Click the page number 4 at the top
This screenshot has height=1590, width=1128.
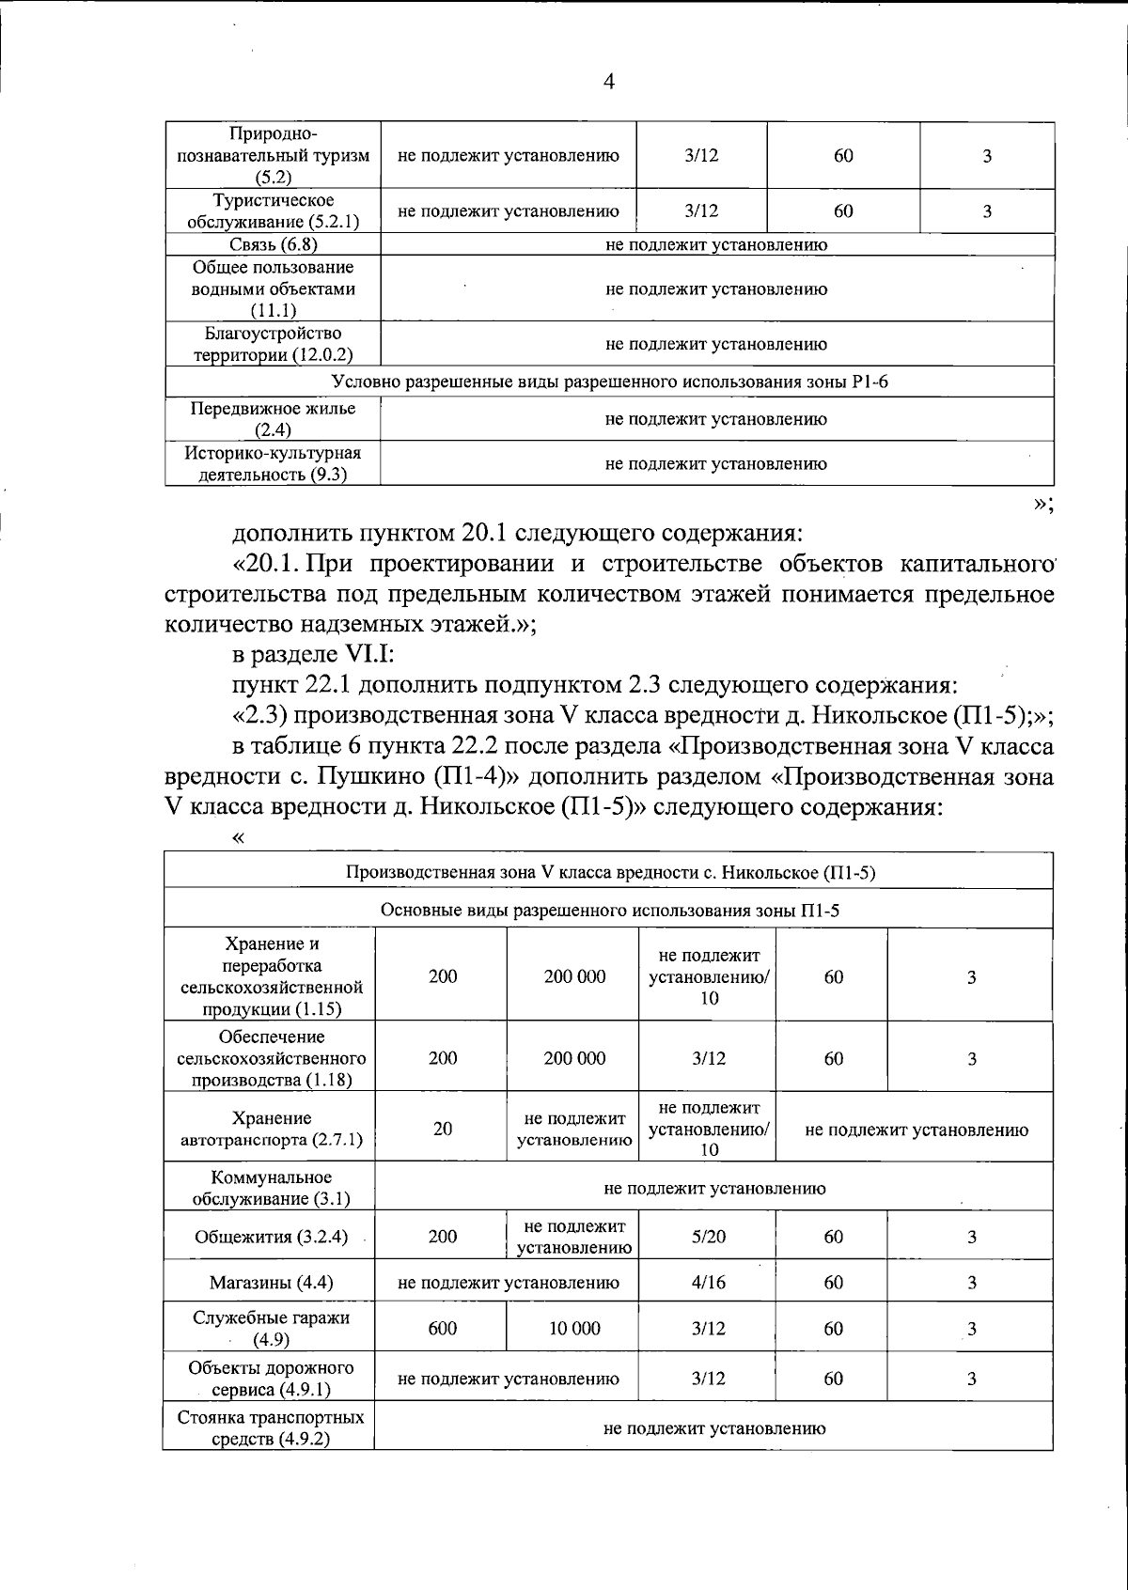tap(608, 83)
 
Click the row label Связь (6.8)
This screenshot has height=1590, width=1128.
tap(273, 245)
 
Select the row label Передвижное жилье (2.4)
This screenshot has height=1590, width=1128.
tap(273, 419)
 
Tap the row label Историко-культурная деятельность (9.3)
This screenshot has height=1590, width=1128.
tap(273, 464)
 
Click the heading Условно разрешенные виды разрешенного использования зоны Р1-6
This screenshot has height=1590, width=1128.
tap(610, 382)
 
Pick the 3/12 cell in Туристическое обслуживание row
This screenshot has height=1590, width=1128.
tap(702, 211)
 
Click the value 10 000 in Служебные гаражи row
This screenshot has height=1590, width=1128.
tap(573, 1328)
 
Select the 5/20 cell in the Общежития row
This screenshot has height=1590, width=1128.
tap(708, 1237)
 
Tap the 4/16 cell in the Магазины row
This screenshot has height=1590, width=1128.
tap(708, 1283)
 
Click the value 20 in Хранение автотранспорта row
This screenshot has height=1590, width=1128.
tap(443, 1129)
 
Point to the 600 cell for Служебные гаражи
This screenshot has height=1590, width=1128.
tap(443, 1328)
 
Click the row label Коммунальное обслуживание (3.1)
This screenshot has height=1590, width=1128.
tap(271, 1188)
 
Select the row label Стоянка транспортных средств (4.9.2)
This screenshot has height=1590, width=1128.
tap(271, 1428)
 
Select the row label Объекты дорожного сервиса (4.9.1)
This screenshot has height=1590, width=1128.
tap(271, 1379)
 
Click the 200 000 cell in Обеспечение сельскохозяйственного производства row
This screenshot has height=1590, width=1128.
tap(573, 1058)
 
